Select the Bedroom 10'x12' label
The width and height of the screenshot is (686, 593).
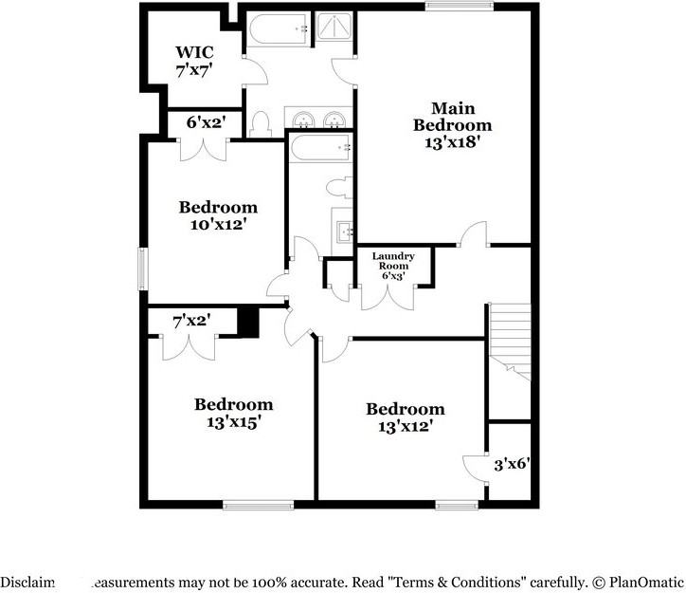(218, 215)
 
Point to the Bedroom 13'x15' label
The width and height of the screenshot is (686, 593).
(234, 413)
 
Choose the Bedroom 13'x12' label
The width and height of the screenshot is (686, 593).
(406, 417)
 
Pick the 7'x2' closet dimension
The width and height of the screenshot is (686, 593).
(190, 323)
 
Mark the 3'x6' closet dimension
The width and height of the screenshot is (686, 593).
(512, 465)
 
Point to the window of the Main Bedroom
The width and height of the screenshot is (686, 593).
(459, 7)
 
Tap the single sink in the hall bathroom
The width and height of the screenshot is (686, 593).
(345, 230)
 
